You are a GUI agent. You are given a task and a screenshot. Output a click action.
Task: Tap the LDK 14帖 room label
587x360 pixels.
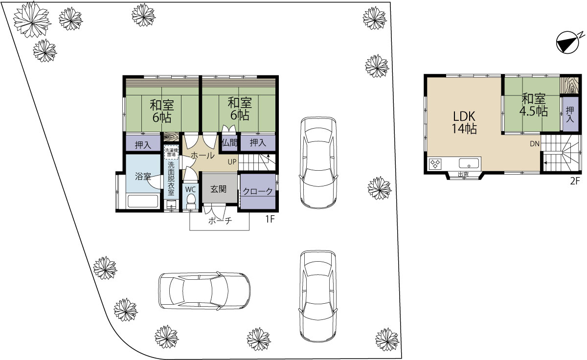tap(464, 122)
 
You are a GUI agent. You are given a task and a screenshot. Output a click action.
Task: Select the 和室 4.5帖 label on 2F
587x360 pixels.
tap(534, 105)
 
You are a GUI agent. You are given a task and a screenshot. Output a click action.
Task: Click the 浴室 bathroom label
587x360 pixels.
tap(143, 177)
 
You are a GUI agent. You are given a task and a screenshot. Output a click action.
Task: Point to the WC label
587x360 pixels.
tap(190, 189)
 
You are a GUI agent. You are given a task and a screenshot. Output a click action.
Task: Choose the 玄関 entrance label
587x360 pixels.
tap(219, 189)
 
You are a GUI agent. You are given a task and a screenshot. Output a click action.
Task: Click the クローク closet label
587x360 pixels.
tap(258, 192)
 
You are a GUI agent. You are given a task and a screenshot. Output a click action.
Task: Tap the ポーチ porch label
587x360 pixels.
tap(220, 221)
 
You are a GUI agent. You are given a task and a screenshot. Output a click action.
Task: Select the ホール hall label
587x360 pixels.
tap(203, 156)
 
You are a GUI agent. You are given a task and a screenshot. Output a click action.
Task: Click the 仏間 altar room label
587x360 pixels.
tap(229, 143)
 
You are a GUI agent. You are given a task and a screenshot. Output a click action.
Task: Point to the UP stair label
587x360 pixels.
tap(232, 162)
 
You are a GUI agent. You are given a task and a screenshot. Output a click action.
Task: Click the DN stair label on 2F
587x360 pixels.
tap(535, 144)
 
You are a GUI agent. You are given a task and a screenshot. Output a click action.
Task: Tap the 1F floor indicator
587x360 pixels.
tap(270, 219)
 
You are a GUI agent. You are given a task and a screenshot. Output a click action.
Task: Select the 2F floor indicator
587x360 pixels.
tap(575, 181)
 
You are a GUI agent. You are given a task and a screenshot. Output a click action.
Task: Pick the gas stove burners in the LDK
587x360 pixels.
tap(435, 164)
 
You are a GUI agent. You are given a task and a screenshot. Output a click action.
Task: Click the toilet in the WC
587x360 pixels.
tap(191, 201)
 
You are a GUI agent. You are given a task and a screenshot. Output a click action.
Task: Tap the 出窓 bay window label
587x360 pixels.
tap(463, 174)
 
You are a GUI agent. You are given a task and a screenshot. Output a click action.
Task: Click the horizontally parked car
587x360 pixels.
tap(204, 291)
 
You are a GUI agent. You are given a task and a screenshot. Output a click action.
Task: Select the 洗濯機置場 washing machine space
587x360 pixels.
tap(171, 152)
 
